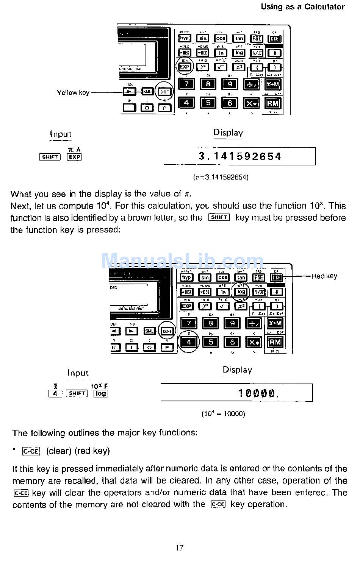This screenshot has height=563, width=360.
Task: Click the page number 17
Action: [x=179, y=547]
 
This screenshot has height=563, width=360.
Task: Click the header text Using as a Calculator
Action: [x=302, y=7]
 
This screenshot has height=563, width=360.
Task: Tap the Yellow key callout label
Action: [x=73, y=92]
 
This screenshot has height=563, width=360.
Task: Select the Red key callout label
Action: [x=324, y=276]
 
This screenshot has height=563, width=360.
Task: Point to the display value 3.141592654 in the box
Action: [x=240, y=156]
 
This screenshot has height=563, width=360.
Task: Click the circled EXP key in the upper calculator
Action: [x=184, y=67]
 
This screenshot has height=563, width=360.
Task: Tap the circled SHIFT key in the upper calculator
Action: [x=165, y=92]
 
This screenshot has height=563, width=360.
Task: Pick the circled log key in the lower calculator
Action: [x=241, y=292]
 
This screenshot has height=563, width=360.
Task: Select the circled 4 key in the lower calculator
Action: [x=189, y=342]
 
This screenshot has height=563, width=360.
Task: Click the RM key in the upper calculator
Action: [x=272, y=103]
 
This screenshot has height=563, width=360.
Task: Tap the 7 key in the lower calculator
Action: [x=189, y=323]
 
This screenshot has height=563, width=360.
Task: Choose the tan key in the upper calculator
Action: [x=239, y=38]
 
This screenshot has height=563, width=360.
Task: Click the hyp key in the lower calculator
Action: [x=186, y=278]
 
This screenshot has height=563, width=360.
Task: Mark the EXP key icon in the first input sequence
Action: [x=74, y=157]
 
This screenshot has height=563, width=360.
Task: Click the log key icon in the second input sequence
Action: [x=101, y=393]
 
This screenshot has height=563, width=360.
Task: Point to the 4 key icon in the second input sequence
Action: [x=55, y=393]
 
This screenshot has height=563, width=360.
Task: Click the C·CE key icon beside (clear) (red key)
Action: [x=31, y=451]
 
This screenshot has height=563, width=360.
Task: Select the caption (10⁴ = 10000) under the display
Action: [x=223, y=414]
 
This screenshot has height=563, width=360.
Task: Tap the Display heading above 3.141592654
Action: [x=228, y=133]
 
